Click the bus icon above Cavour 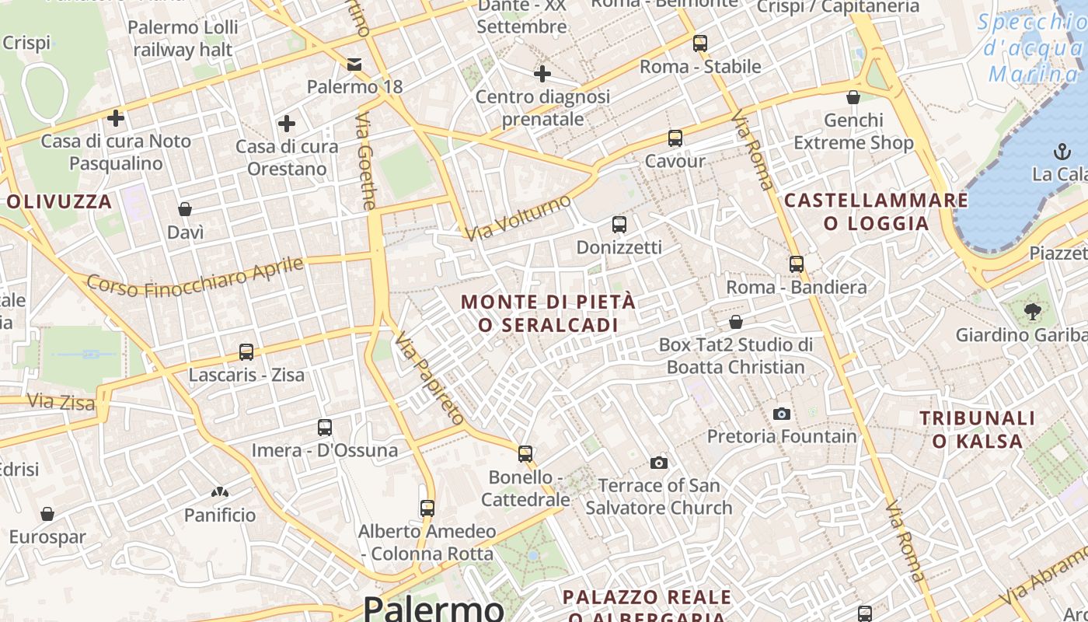(x=675, y=138)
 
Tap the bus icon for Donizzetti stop (x=619, y=225)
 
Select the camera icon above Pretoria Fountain (x=782, y=414)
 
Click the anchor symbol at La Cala (x=1061, y=151)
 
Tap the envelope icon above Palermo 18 (x=354, y=64)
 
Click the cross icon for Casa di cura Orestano (x=287, y=124)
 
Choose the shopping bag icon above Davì (x=185, y=209)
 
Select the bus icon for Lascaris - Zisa (x=246, y=352)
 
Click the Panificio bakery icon (x=220, y=492)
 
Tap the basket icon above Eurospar (x=47, y=514)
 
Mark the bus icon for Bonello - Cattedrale (x=525, y=453)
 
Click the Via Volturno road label (x=518, y=218)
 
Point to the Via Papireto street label (x=430, y=378)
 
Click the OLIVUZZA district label (x=60, y=202)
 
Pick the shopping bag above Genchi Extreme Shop (x=853, y=97)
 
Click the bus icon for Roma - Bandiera (x=796, y=264)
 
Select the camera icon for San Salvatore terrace (x=659, y=463)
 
